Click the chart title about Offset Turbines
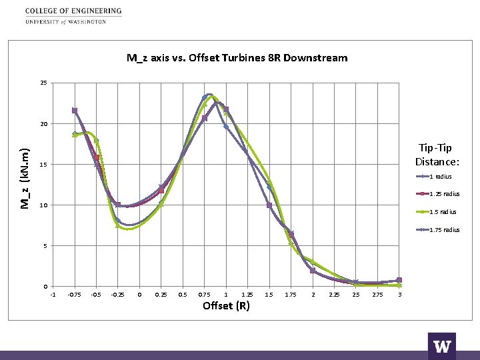click(x=237, y=58)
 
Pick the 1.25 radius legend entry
click(x=438, y=194)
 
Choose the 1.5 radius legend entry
click(x=436, y=212)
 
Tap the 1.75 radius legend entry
click(x=438, y=230)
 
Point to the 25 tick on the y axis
click(x=44, y=83)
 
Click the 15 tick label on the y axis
click(x=44, y=165)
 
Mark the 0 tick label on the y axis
click(x=45, y=287)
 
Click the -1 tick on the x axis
click(x=53, y=295)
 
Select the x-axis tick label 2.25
click(x=334, y=295)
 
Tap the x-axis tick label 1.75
click(x=291, y=295)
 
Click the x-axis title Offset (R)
click(x=226, y=305)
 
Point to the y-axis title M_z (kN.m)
click(x=25, y=179)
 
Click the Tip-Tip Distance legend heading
click(x=437, y=155)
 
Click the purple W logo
click(x=442, y=346)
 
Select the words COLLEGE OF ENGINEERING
click(x=73, y=11)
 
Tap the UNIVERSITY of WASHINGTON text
click(x=65, y=22)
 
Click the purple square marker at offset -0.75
click(x=75, y=111)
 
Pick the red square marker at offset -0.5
click(x=97, y=157)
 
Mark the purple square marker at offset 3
click(x=399, y=280)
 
